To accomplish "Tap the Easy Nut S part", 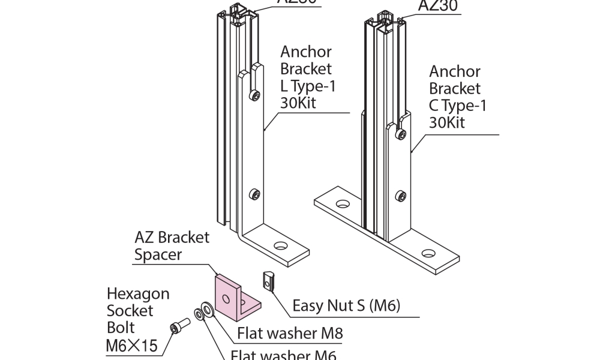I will click(x=269, y=280).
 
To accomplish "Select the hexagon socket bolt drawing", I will click(x=179, y=328).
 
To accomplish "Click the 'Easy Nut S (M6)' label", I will click(x=346, y=306).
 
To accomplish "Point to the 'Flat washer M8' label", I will click(x=290, y=332).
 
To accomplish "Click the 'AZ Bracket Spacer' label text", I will click(x=172, y=246).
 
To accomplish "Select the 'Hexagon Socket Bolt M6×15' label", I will click(x=139, y=320).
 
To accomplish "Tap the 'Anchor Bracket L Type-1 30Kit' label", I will click(x=307, y=77).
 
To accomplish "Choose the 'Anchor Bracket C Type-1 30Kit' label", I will click(x=457, y=97).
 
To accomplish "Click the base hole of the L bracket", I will click(x=280, y=246).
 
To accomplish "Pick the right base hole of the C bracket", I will click(x=428, y=253).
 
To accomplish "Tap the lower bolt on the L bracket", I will click(x=256, y=194).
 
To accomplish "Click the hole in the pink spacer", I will click(x=226, y=298).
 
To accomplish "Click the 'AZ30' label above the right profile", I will click(x=437, y=6).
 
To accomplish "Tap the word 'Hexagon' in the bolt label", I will click(x=138, y=294).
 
